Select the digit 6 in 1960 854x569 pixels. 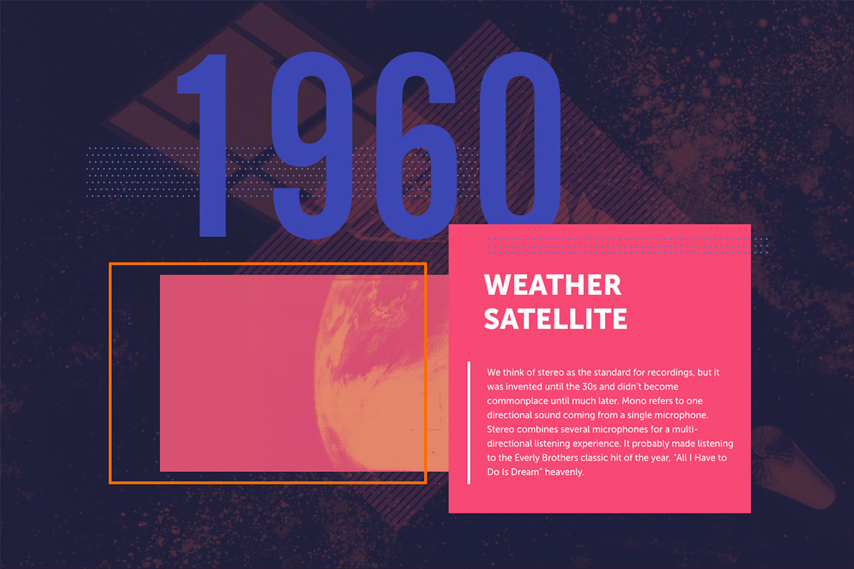point(416,145)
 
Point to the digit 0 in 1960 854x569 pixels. point(520,142)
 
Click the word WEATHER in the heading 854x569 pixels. point(552,284)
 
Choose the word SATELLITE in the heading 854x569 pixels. point(555,319)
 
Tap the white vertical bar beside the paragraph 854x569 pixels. point(469,422)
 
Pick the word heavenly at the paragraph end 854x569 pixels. point(564,472)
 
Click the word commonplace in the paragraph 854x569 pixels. point(513,402)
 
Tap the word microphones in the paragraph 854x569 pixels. point(620,430)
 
